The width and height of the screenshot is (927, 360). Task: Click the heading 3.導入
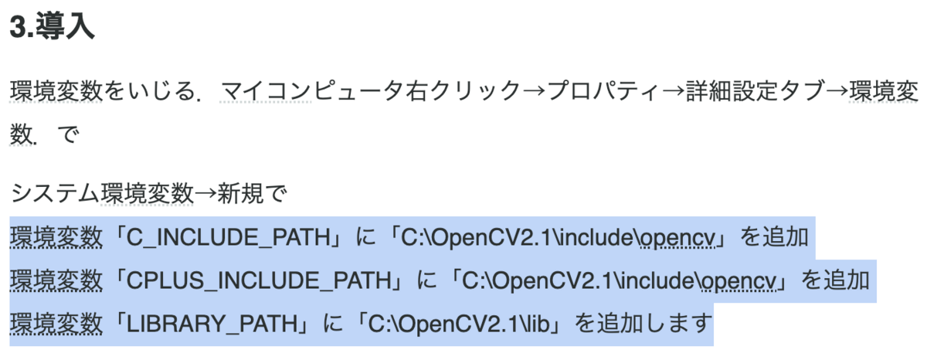(x=52, y=28)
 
